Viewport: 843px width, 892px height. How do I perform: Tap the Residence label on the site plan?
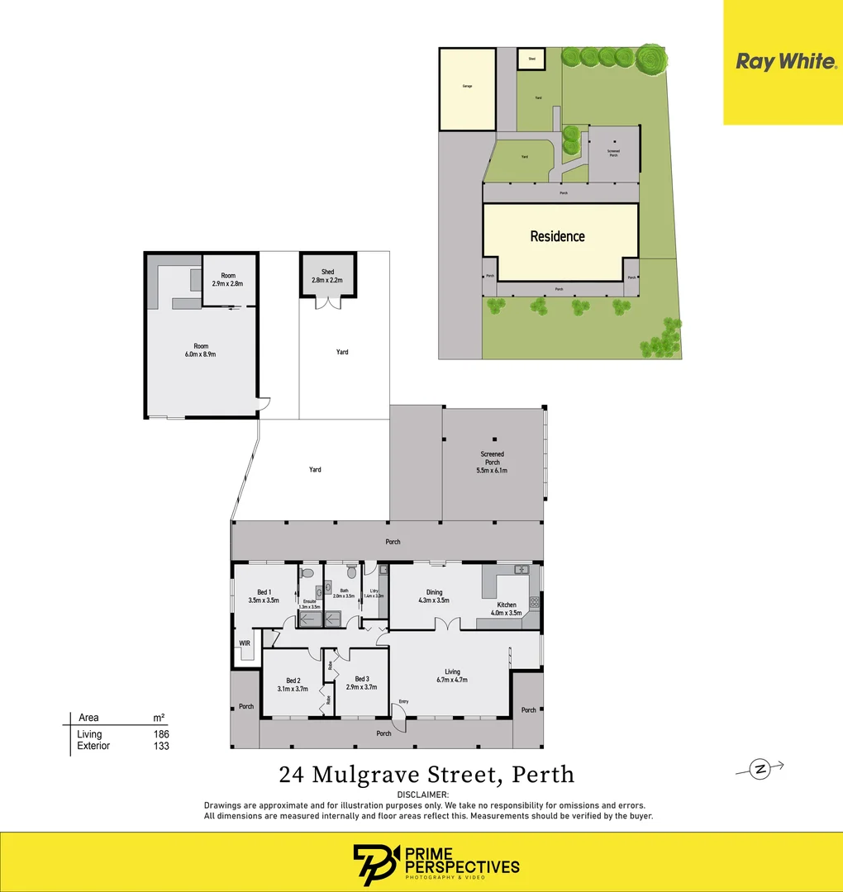(557, 236)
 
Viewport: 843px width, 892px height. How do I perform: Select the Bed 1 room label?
(264, 592)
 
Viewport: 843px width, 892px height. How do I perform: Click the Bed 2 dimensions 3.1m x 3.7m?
(292, 687)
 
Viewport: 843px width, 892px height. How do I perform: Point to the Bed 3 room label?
(362, 679)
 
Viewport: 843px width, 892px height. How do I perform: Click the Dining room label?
(435, 592)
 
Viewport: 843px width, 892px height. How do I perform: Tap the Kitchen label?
(507, 605)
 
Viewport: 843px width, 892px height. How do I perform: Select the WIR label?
(245, 643)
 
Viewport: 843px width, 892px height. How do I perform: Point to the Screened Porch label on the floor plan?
(493, 458)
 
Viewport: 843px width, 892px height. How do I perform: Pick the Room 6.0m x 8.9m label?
(201, 350)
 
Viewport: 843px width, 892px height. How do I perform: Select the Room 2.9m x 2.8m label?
(228, 280)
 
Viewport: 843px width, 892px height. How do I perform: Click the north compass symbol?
(759, 769)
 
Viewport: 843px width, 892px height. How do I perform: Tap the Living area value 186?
(161, 733)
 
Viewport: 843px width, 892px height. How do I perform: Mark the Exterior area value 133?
(161, 746)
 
